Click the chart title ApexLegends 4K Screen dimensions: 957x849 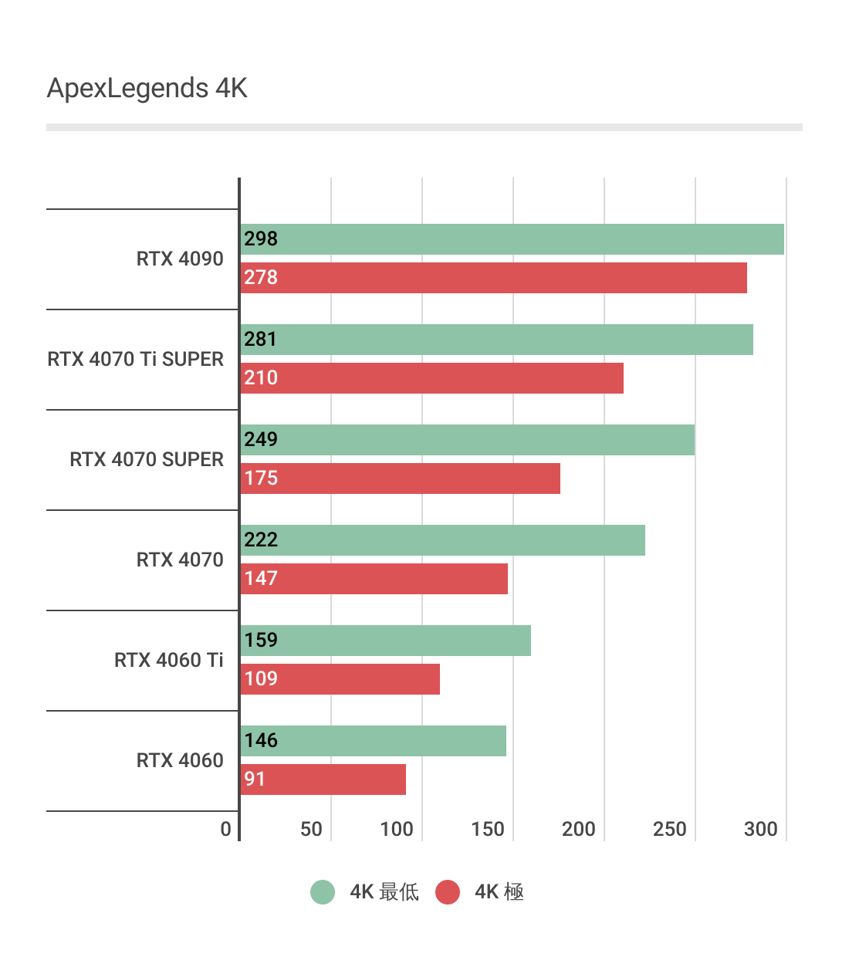147,89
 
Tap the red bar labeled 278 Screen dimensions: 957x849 493,278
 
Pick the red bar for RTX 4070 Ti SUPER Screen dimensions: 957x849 431,378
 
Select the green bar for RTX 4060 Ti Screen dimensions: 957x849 385,641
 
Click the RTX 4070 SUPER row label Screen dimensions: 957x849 147,460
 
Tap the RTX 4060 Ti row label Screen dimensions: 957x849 168,661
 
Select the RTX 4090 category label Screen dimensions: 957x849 180,259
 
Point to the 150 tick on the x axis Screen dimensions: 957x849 488,830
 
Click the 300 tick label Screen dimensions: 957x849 761,830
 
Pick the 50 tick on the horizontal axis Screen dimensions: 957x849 311,830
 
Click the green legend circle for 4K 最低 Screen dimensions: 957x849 323,892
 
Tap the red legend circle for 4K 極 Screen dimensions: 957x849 448,892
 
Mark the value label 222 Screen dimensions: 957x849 261,540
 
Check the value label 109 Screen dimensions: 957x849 261,679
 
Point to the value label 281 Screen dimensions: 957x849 261,340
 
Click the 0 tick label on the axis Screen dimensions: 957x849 225,830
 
